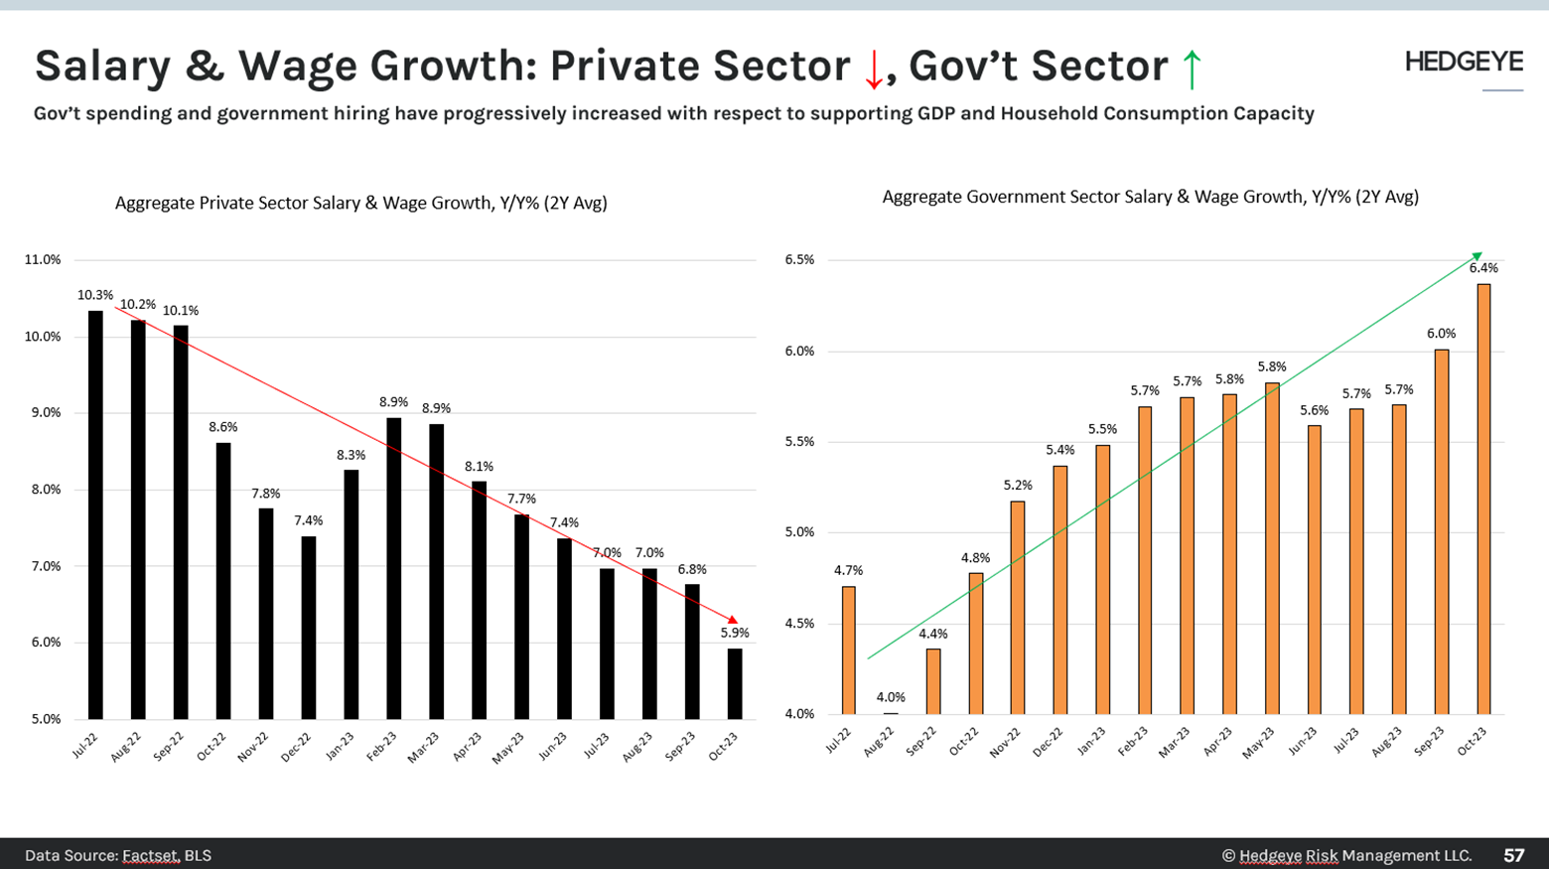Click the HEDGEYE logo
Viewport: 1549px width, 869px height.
pyautogui.click(x=1464, y=62)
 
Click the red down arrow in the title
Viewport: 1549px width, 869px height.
pyautogui.click(x=874, y=70)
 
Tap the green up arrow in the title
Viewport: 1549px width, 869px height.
pyautogui.click(x=1192, y=70)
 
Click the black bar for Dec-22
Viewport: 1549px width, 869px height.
pyautogui.click(x=309, y=628)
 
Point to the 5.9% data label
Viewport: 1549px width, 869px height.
pyautogui.click(x=735, y=633)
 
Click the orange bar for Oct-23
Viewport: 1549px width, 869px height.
pyautogui.click(x=1483, y=499)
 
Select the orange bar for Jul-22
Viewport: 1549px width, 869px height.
pyautogui.click(x=849, y=650)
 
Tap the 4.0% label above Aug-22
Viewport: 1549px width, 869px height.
pyautogui.click(x=891, y=697)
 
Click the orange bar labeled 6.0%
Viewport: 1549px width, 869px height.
pyautogui.click(x=1442, y=531)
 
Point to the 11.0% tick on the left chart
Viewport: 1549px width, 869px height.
pyautogui.click(x=43, y=259)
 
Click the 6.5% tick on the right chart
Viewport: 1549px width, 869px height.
pyautogui.click(x=799, y=259)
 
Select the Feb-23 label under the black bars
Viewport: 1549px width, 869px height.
pyautogui.click(x=382, y=746)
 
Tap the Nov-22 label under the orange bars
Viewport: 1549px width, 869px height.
pyautogui.click(x=1006, y=741)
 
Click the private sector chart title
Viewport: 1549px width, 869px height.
pyautogui.click(x=360, y=203)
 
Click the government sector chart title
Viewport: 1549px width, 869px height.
pyautogui.click(x=1150, y=197)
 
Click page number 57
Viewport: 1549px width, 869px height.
pyautogui.click(x=1513, y=855)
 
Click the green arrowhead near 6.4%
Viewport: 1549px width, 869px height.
pyautogui.click(x=1477, y=257)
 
